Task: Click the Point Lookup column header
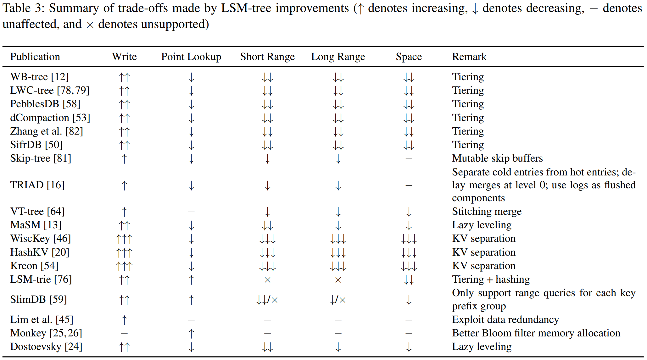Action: [191, 57]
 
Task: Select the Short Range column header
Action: [267, 57]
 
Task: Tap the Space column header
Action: [409, 57]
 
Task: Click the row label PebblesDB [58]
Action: [45, 104]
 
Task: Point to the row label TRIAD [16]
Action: [37, 185]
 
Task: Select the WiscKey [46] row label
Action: [40, 238]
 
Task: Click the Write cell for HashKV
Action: [124, 252]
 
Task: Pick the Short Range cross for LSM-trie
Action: [267, 280]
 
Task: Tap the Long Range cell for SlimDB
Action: [338, 300]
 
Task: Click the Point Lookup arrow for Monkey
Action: [191, 333]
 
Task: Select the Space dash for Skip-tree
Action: [409, 159]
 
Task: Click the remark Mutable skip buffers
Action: [497, 158]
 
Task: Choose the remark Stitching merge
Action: [487, 211]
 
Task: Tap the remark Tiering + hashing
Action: [491, 279]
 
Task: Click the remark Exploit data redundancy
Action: [505, 319]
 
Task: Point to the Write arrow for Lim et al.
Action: [124, 320]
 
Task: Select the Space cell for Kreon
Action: [409, 266]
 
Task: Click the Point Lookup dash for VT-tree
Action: [191, 212]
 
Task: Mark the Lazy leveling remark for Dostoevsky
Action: [482, 346]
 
